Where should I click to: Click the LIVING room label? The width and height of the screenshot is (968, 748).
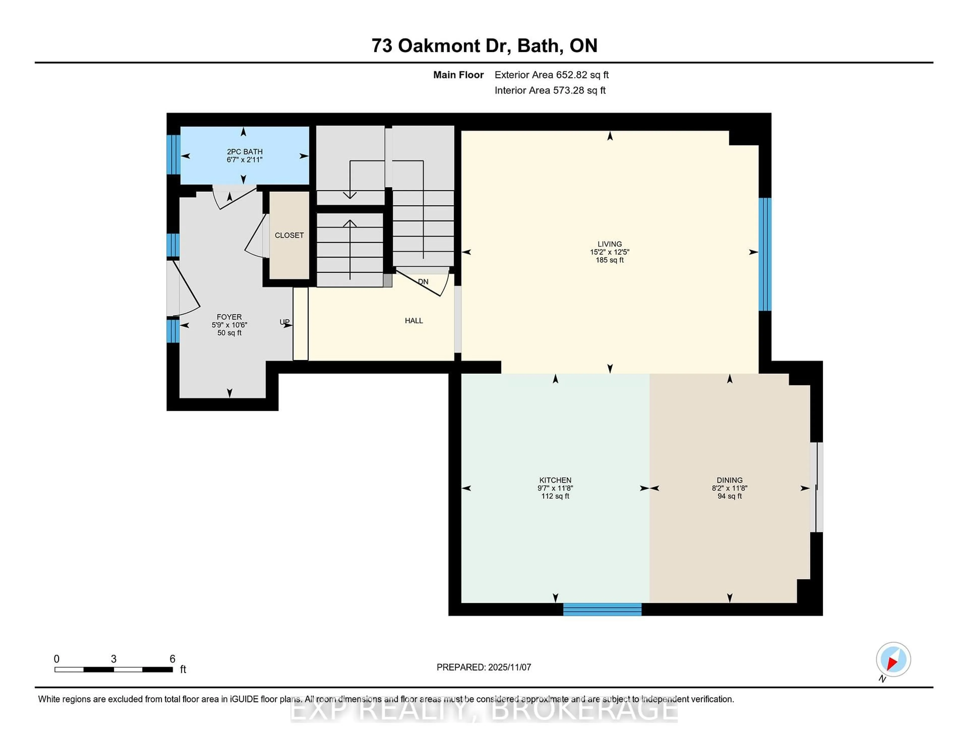click(610, 244)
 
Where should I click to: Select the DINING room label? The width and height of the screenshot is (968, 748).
click(729, 480)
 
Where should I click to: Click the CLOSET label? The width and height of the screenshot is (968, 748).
click(289, 235)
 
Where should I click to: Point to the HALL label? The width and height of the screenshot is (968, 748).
click(413, 320)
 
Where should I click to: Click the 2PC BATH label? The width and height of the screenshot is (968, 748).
click(245, 151)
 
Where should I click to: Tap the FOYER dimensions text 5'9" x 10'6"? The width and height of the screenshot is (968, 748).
click(229, 325)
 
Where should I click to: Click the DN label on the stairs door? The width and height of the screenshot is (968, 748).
click(423, 282)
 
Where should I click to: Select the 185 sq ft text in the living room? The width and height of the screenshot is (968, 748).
click(610, 260)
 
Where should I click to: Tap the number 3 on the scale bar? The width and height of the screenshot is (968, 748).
click(113, 659)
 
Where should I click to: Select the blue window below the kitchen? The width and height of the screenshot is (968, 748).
click(602, 609)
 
